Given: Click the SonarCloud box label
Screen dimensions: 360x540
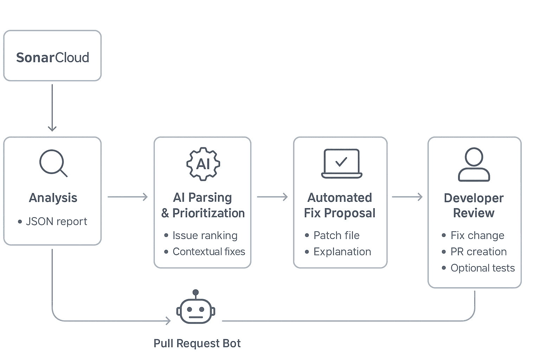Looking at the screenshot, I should [52, 57].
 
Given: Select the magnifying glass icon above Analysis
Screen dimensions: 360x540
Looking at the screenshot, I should [53, 163].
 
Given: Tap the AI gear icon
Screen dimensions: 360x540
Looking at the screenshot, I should [203, 164].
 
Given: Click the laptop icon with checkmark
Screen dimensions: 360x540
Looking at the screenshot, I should [341, 163].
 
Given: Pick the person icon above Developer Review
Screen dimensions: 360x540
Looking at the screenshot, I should [474, 165].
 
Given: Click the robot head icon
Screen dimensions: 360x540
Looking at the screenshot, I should [195, 311].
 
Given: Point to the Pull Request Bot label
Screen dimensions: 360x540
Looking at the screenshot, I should [197, 343].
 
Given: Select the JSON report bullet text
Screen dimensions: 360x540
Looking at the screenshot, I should [56, 221].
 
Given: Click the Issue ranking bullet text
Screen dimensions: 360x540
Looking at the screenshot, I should [205, 235].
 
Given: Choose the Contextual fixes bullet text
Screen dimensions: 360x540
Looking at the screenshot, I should [209, 252].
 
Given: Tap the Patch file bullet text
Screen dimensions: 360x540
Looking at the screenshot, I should [336, 235].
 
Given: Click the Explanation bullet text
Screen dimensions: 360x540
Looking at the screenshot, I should [342, 252].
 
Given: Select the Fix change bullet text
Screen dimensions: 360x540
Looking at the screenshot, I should [477, 235].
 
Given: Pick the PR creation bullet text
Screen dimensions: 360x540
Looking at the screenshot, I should [478, 252].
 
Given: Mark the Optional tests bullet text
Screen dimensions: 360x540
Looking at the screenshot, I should [482, 268].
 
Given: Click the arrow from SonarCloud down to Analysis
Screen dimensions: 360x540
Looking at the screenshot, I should [52, 107].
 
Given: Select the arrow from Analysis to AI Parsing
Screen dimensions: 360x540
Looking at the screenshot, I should [127, 197].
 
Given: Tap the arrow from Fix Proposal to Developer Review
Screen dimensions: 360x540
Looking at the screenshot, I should [407, 197].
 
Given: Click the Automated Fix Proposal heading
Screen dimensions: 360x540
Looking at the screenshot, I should [340, 205].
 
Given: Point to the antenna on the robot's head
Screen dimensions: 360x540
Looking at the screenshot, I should [196, 293].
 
